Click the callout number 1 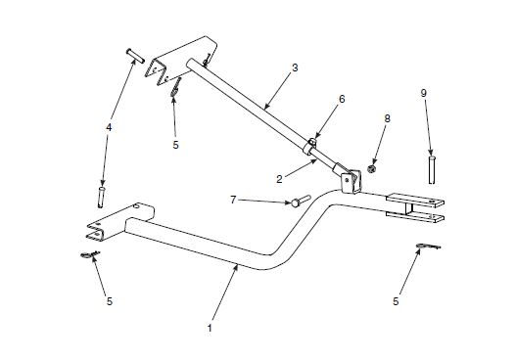click(210, 327)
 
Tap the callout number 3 click(295, 68)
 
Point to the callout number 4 click(109, 126)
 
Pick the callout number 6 click(342, 99)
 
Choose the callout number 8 click(387, 118)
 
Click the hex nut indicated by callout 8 click(374, 170)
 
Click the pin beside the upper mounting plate click(134, 55)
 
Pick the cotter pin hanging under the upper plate click(174, 90)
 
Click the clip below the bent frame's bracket click(88, 256)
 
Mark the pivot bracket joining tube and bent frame click(347, 180)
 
